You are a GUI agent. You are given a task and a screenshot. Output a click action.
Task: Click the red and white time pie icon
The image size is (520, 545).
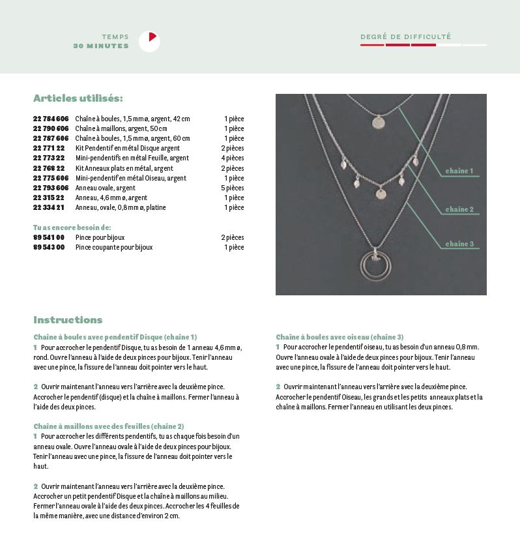tap(149, 42)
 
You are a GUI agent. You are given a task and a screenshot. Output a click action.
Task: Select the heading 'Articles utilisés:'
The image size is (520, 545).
tap(78, 98)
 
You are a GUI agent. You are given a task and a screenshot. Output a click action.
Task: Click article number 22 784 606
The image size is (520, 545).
tap(51, 119)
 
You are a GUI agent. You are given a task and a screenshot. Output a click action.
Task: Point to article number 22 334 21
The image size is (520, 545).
tap(49, 207)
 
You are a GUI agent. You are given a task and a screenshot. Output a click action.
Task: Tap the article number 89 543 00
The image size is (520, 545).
tap(49, 247)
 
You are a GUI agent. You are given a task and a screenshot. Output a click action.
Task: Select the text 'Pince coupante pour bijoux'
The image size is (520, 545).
tap(114, 247)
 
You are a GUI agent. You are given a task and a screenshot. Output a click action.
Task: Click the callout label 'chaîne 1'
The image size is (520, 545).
tap(459, 171)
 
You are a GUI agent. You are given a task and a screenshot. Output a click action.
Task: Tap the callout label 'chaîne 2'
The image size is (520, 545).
tap(459, 209)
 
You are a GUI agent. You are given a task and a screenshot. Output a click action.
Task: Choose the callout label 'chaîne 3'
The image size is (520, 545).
tap(459, 244)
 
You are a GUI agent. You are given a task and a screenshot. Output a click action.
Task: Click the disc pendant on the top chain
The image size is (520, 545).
tap(378, 122)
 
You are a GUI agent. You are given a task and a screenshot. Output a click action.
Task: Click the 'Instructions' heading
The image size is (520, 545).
tap(68, 319)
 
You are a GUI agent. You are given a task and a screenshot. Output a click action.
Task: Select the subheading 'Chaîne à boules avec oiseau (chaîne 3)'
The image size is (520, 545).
tap(339, 337)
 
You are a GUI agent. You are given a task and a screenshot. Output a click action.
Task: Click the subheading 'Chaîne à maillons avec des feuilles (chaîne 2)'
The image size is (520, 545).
tap(109, 426)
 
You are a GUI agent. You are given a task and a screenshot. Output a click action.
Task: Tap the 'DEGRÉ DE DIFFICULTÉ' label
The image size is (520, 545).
tap(405, 37)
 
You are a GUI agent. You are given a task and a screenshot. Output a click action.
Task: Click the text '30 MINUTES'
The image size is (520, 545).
tap(101, 46)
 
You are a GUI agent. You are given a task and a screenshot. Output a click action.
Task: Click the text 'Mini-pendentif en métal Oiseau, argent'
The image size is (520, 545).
tap(131, 178)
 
